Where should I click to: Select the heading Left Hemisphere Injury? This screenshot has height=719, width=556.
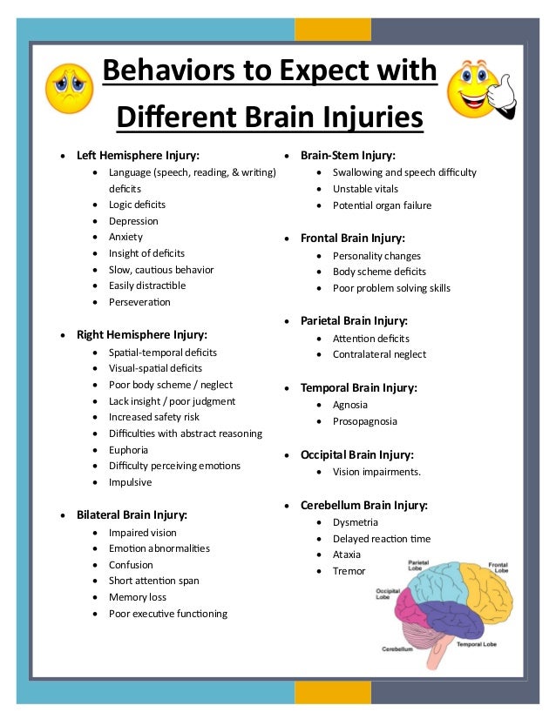(138, 156)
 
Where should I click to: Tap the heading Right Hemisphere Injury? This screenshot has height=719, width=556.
(142, 334)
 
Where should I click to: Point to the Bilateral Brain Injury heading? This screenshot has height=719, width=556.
(132, 514)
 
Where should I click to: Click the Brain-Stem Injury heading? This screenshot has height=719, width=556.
(348, 155)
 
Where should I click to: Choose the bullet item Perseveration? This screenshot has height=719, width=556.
(139, 302)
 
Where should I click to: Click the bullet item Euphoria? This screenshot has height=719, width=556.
(128, 450)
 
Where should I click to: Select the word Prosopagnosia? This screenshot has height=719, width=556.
(364, 421)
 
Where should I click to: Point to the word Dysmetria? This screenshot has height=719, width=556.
(355, 522)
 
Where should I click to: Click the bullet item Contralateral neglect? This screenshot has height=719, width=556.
(379, 354)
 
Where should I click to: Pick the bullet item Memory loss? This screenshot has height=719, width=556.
(137, 597)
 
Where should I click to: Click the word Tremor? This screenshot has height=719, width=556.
(349, 571)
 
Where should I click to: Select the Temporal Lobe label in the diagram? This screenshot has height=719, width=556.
(478, 644)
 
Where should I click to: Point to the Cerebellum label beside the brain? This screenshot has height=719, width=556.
(397, 649)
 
